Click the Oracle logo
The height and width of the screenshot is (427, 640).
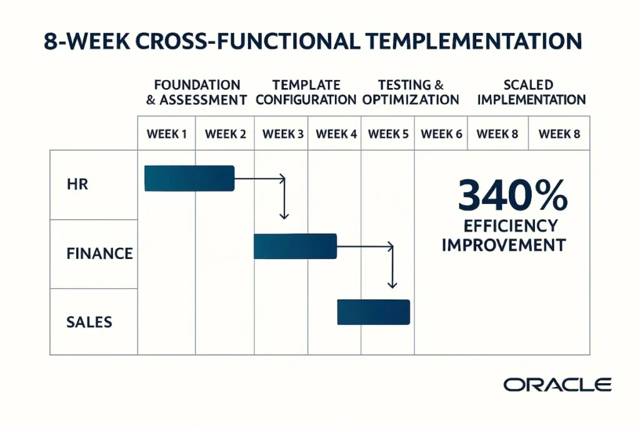click(x=557, y=384)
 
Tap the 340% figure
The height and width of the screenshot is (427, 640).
click(x=512, y=196)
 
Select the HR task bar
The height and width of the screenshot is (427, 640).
click(x=189, y=178)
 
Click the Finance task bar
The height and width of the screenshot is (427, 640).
click(x=295, y=246)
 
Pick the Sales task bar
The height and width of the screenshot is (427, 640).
click(x=373, y=312)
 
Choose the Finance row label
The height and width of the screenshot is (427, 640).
click(x=99, y=253)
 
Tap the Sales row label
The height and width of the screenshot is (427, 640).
click(x=89, y=322)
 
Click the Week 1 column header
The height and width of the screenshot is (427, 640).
click(x=166, y=134)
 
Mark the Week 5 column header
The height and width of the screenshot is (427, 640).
click(x=388, y=134)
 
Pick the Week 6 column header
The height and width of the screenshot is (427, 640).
click(x=441, y=134)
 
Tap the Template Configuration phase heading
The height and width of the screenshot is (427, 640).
click(x=306, y=92)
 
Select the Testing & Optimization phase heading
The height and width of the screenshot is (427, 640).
click(x=411, y=92)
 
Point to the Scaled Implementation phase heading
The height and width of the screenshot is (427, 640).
click(x=527, y=92)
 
